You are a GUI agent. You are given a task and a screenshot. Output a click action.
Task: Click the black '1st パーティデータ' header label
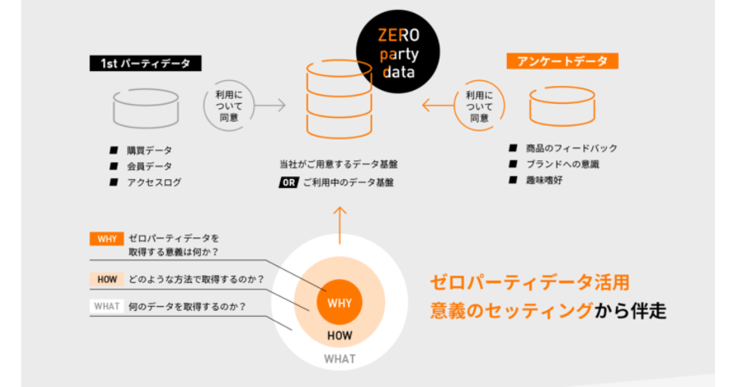pos(145,63)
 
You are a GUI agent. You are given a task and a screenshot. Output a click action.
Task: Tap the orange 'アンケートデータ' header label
pos(562,61)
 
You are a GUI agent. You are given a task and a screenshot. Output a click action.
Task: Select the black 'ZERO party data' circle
pos(398,52)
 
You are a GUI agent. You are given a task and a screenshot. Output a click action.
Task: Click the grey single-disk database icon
pos(146,109)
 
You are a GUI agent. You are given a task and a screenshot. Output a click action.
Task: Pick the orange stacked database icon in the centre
pos(339,99)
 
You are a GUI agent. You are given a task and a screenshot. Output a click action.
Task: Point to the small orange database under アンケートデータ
pos(562,106)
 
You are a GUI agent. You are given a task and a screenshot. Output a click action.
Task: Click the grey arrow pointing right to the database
pos(269,106)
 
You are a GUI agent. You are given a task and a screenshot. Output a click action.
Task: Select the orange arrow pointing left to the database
pos(438,106)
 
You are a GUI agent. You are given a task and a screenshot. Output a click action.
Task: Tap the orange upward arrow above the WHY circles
pos(340,226)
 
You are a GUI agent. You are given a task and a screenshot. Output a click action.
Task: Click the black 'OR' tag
pos(288,182)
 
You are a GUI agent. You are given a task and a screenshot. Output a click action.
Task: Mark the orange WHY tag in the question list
pos(106,239)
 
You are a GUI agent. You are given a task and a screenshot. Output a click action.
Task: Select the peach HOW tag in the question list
pos(106,280)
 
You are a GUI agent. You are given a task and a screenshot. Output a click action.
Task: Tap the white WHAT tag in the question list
pos(106,306)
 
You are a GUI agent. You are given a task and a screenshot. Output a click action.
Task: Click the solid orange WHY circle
pos(339,302)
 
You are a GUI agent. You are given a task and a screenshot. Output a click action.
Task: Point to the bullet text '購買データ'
pos(150,151)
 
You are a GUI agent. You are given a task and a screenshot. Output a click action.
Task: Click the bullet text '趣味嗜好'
pos(545,180)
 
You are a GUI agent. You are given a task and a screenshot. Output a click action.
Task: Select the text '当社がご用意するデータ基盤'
pos(338,164)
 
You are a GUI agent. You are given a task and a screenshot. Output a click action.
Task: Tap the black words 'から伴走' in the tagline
pos(631,310)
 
